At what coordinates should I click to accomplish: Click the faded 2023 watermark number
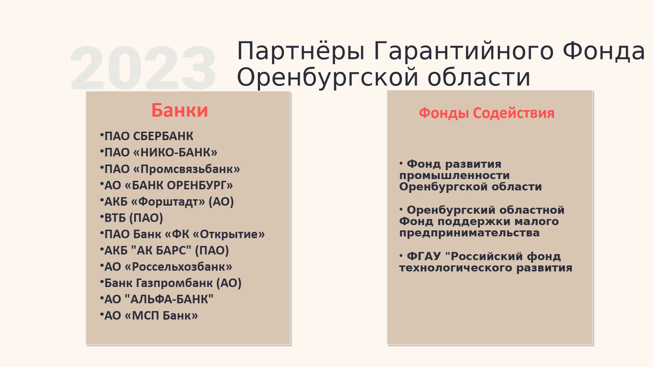point(143,68)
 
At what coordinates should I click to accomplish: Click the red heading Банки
point(180,110)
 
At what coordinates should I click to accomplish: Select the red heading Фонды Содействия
point(487,113)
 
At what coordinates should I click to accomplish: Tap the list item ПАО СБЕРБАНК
point(149,136)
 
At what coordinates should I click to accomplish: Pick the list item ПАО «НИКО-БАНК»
point(161,153)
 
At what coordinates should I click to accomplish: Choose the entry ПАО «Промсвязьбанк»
point(172,169)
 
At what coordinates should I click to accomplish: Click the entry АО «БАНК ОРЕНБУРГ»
point(169,185)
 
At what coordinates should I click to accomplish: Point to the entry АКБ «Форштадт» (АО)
point(169,202)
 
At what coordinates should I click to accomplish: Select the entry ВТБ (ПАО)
point(134,218)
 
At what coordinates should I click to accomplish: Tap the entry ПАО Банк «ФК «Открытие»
point(184,234)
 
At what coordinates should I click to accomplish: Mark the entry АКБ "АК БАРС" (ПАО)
point(166,251)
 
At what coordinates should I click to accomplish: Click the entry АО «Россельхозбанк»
point(168,267)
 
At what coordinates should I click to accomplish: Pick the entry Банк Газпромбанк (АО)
point(173,283)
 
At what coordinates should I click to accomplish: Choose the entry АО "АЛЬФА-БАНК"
point(159,299)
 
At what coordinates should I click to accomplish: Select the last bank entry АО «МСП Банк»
point(151,316)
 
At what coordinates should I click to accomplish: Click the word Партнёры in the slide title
point(301,51)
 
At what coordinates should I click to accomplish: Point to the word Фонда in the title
point(604,51)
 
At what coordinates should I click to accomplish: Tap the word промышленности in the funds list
point(454,176)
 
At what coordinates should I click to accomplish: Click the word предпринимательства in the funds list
point(469,233)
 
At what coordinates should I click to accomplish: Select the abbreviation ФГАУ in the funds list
point(424,256)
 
